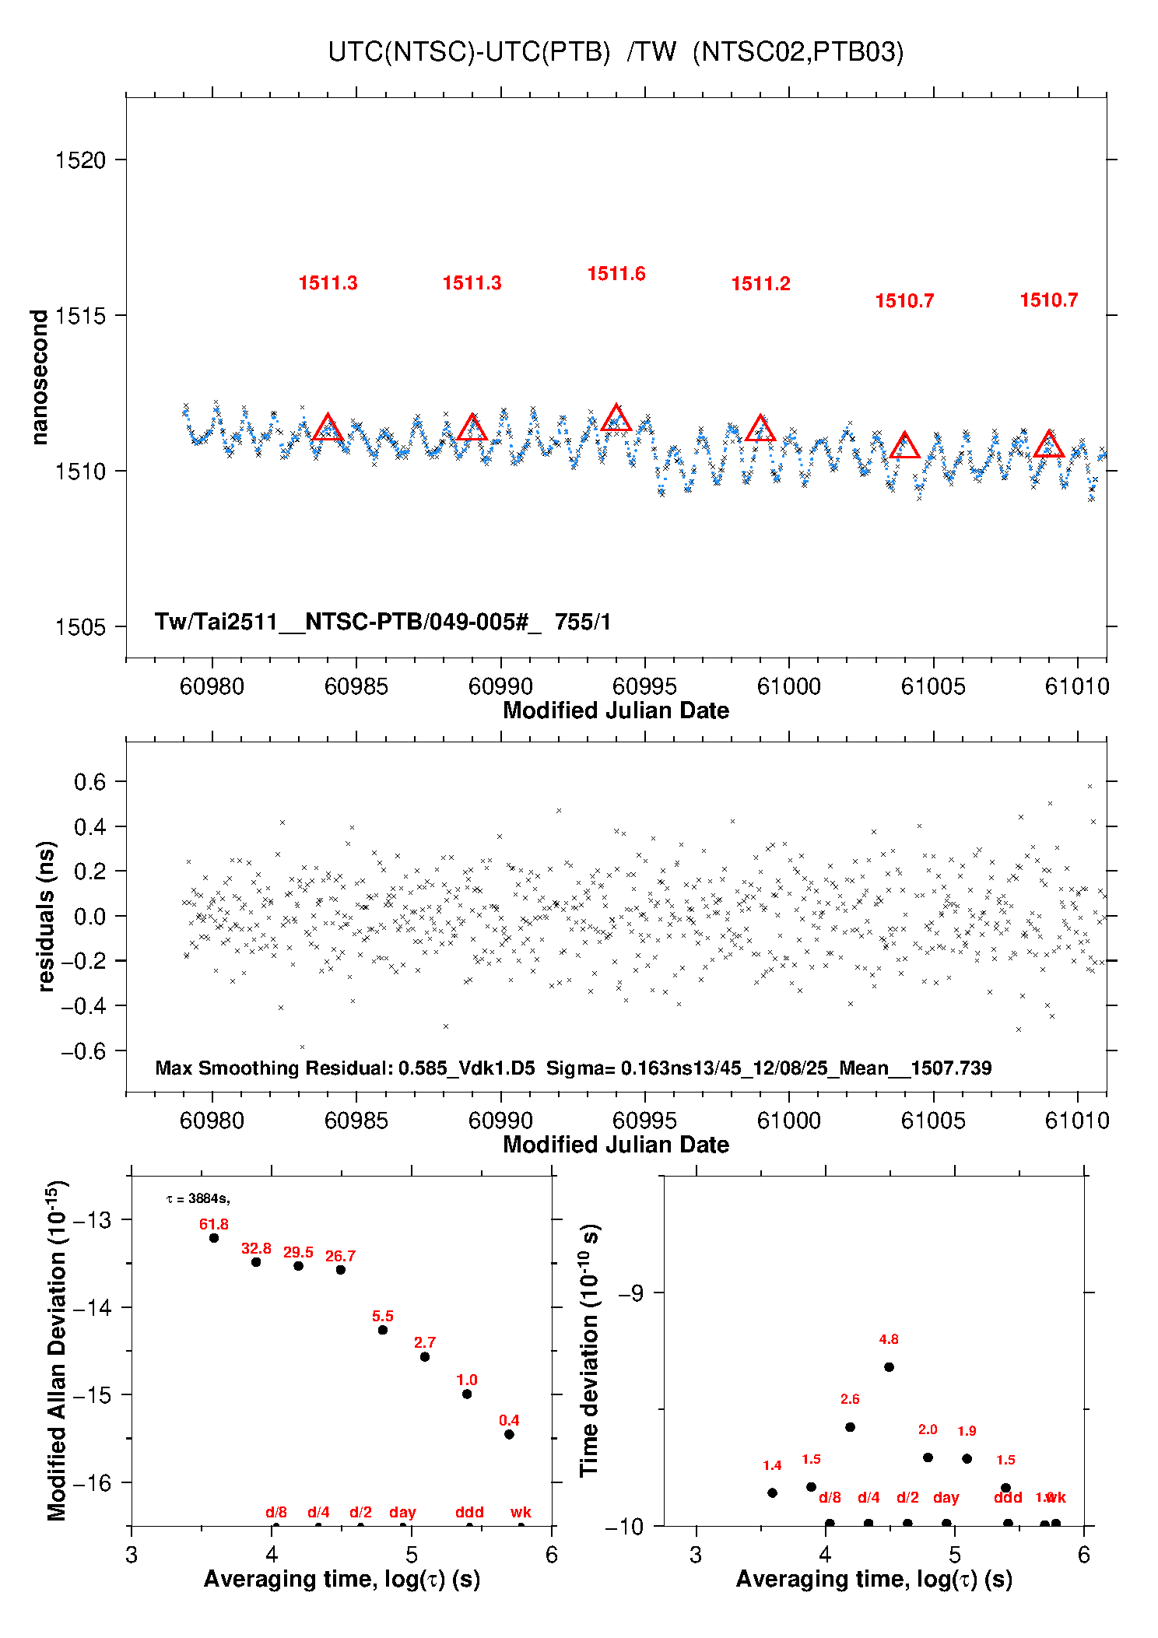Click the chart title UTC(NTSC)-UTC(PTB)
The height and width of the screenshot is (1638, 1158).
[468, 52]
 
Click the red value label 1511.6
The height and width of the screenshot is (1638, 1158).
[616, 274]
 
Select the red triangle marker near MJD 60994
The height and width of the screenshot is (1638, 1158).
[616, 419]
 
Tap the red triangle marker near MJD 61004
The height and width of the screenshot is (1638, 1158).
[904, 446]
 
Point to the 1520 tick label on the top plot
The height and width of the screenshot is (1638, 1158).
[79, 160]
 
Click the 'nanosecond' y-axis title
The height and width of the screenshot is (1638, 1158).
[39, 377]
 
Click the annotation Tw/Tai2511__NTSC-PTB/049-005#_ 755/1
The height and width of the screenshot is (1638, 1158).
[382, 622]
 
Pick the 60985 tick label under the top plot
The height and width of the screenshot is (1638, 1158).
[356, 686]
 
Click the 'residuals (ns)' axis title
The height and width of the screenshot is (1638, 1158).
[46, 916]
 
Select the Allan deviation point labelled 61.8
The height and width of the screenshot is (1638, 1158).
[214, 1238]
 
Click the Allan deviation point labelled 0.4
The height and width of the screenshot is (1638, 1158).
[509, 1434]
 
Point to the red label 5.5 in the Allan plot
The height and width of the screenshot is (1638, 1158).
[382, 1316]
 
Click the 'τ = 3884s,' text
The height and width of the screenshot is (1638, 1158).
[198, 1199]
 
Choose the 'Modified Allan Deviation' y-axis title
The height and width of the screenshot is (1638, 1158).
[57, 1351]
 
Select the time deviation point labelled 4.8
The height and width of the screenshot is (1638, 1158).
[889, 1367]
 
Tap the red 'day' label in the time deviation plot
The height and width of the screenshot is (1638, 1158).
[946, 1497]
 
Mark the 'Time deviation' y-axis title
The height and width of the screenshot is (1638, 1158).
[590, 1351]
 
